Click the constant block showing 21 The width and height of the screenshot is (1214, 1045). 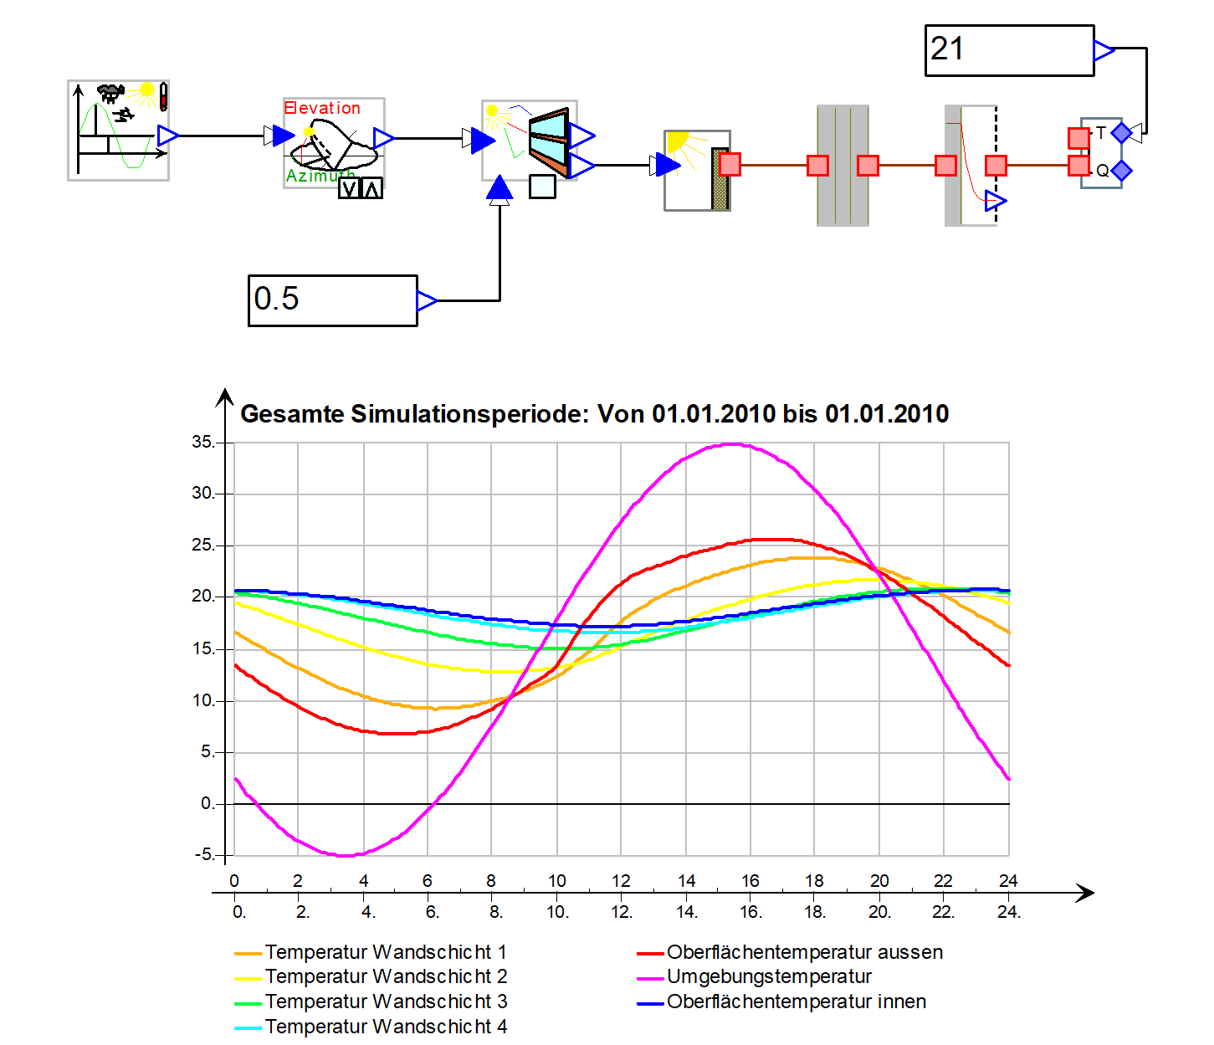1008,50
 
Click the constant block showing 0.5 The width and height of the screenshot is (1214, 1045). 332,300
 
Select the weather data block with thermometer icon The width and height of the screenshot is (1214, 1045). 118,130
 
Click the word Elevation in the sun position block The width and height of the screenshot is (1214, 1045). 322,108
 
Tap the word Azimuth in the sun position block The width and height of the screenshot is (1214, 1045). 314,176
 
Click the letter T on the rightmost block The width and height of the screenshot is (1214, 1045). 1101,132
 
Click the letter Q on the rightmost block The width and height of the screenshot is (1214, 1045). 1102,171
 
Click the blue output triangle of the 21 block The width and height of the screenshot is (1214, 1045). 1104,50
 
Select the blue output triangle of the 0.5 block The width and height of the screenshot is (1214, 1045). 427,300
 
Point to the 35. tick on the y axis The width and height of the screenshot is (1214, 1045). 203,442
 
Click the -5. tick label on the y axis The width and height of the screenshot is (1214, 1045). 204,854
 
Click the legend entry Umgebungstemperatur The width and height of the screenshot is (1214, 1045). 768,976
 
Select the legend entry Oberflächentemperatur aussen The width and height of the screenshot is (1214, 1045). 804,952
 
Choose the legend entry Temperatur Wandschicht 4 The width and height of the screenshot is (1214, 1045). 385,1027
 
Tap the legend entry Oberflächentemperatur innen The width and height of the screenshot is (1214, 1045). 796,1001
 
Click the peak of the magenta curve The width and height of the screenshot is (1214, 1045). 731,444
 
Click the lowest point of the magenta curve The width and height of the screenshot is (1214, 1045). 346,855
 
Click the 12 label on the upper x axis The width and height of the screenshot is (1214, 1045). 621,880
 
